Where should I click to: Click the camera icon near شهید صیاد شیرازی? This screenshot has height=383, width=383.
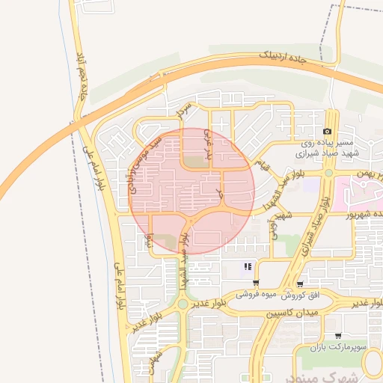click(327, 132)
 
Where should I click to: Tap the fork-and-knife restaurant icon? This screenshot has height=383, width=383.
click(247, 266)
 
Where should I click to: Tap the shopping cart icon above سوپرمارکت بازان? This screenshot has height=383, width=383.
click(338, 336)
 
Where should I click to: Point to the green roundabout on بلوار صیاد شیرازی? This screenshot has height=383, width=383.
click(328, 173)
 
